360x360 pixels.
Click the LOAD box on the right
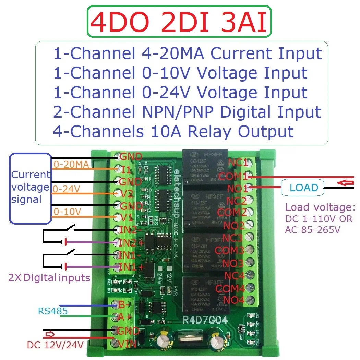tap(303, 188)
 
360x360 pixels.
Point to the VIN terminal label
tap(128, 344)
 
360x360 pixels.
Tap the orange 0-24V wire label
tap(64, 189)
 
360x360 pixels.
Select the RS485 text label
tap(52, 311)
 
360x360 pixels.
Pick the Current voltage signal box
tap(30, 187)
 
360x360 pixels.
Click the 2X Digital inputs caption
tap(49, 278)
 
